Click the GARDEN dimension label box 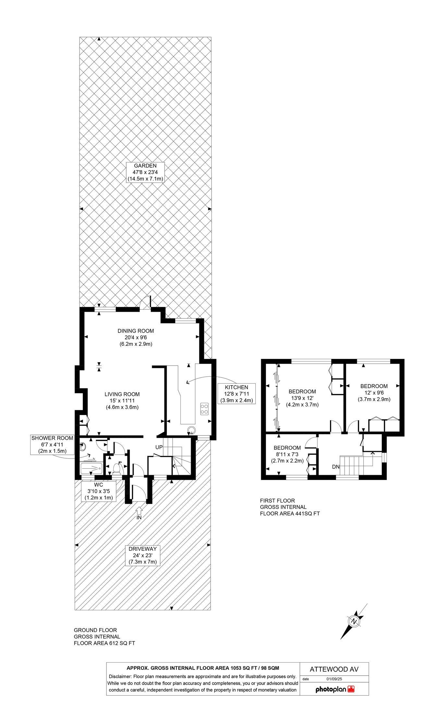click(145, 172)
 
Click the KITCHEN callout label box click(237, 393)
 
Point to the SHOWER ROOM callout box click(52, 445)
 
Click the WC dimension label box click(99, 491)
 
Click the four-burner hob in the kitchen click(204, 409)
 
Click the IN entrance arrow click(139, 510)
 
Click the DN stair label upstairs click(335, 467)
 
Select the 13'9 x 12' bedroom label click(302, 398)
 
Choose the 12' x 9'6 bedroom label click(374, 392)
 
